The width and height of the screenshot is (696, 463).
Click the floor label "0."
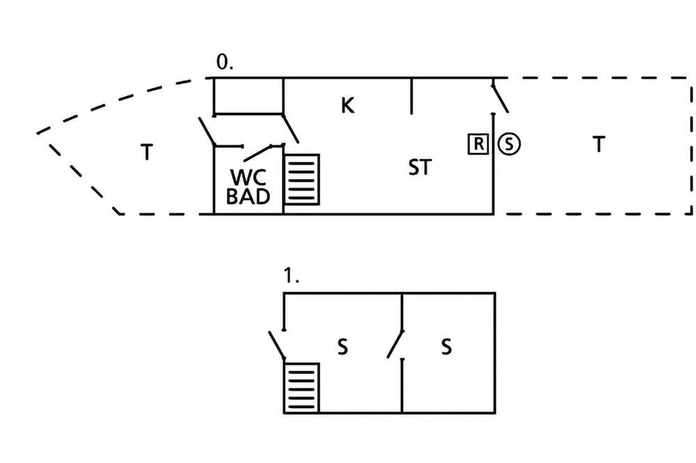click(224, 62)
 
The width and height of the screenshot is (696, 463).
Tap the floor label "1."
click(291, 276)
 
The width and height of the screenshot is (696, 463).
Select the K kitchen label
click(347, 106)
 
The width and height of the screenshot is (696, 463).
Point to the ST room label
click(420, 168)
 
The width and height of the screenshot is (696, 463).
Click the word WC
click(248, 177)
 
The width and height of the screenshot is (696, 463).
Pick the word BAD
click(248, 197)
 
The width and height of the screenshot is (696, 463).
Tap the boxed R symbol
click(478, 144)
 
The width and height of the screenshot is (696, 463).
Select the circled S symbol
click(509, 144)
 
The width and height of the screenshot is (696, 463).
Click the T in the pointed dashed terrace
click(147, 152)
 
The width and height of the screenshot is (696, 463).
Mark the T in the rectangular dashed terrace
click(599, 144)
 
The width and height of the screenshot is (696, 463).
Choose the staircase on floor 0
click(302, 179)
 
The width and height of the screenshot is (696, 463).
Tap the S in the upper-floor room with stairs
click(342, 347)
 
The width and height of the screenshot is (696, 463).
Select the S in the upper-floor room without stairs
click(447, 347)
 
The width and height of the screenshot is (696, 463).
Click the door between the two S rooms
click(395, 343)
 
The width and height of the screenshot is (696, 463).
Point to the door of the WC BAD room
click(258, 153)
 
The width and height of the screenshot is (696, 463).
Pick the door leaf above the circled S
click(500, 97)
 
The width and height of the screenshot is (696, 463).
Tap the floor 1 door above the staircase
click(276, 345)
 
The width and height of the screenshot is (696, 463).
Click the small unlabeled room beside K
click(248, 96)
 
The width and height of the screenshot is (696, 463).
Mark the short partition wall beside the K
click(411, 96)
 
